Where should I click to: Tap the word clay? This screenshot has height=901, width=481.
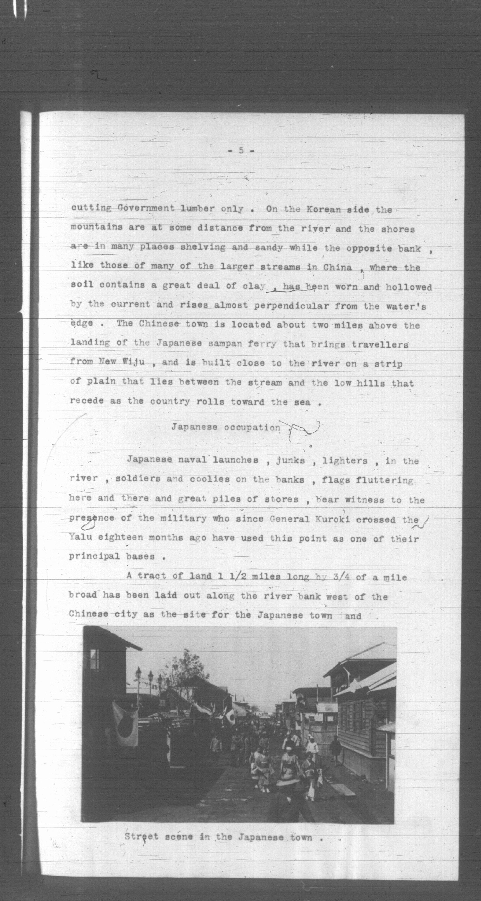point(254,286)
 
